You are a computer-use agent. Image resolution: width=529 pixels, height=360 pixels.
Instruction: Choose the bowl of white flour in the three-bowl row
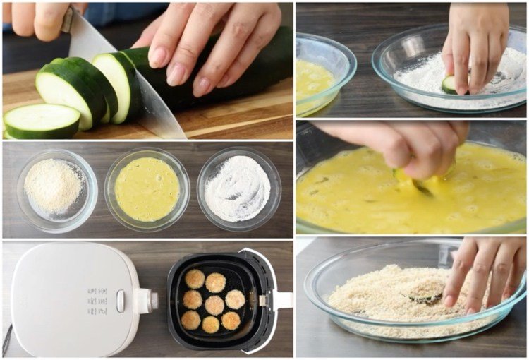[x=238, y=188]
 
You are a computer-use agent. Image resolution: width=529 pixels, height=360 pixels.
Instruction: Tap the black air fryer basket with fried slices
[x=212, y=300]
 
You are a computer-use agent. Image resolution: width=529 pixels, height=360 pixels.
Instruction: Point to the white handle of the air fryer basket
[x=282, y=300]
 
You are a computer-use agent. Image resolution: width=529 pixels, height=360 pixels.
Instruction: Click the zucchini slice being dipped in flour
[x=449, y=85]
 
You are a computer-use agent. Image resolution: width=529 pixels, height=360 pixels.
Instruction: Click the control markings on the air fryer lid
[x=97, y=300]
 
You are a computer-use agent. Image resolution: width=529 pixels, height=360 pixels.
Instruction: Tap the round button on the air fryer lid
[x=121, y=301]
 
